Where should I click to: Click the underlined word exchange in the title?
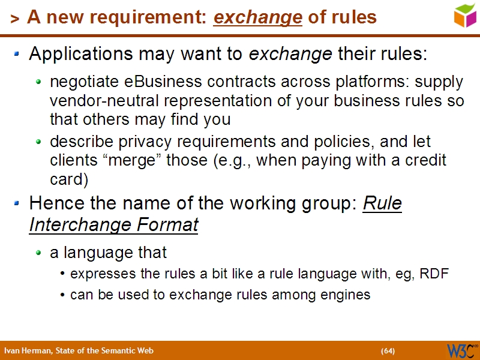coord(258,17)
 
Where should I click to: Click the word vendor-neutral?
coord(96,100)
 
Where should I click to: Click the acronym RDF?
coord(434,274)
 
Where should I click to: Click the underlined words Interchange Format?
coord(113,225)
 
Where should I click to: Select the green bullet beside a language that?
coord(39,253)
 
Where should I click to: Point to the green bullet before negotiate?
coord(39,81)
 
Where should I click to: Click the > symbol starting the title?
coord(14,19)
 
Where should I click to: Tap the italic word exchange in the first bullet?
coord(290,54)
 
